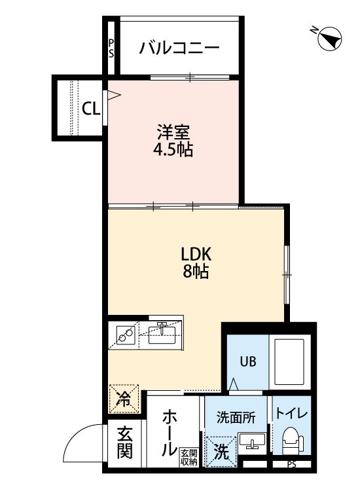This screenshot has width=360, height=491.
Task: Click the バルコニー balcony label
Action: [179, 48]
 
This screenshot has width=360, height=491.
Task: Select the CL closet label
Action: [91, 109]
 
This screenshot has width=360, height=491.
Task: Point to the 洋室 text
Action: [173, 131]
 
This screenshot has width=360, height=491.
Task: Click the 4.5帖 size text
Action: [173, 150]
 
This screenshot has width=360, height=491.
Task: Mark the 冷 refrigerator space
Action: [123, 397]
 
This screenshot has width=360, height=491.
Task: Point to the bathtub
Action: [292, 363]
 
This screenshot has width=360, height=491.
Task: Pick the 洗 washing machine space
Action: [221, 451]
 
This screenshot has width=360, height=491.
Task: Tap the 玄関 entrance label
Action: [125, 442]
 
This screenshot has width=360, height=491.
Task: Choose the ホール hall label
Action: [169, 431]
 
